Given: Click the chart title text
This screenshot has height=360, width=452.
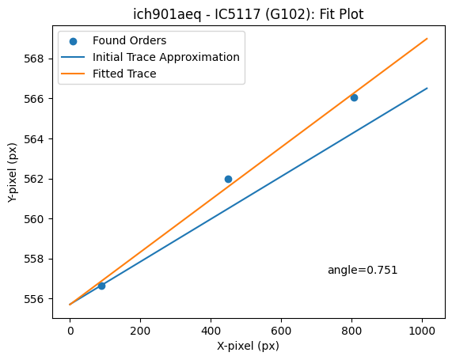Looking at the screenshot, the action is [249, 14].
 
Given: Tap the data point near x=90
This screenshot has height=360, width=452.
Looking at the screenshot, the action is [101, 286].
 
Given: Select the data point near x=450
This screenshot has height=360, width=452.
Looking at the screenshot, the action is [228, 180].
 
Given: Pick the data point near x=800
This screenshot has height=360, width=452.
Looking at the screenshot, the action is [354, 97].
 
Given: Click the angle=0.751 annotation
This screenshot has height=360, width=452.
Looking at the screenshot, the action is [363, 270].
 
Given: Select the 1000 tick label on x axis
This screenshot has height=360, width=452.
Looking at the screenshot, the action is [422, 332].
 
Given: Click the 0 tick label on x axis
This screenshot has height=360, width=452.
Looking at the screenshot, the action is [70, 332].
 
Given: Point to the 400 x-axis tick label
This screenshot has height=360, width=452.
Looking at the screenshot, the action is [211, 332].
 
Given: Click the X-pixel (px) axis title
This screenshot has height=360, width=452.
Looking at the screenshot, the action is [249, 346].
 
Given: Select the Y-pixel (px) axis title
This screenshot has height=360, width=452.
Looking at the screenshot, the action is [12, 172].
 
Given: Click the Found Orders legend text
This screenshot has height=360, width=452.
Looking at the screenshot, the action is [130, 40].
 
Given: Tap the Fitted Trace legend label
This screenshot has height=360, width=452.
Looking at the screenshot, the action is [124, 74].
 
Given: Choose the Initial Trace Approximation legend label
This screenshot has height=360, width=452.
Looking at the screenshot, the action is [166, 57].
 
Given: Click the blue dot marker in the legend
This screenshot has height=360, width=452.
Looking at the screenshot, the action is [73, 41].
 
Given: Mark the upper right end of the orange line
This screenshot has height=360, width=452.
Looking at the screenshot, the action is [427, 38].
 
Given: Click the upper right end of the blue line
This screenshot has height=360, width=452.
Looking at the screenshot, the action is [427, 88].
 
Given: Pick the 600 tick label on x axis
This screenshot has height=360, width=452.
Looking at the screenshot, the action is [281, 332].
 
